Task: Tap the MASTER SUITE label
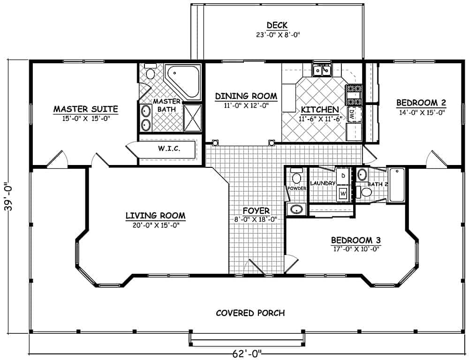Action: [85, 109]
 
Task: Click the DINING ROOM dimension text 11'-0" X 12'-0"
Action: [246, 106]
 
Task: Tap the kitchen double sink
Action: [323, 70]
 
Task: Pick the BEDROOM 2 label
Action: [421, 103]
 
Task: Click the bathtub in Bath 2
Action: [397, 185]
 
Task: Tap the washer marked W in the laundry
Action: [343, 193]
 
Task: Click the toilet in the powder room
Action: [296, 176]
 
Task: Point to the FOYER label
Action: [256, 210]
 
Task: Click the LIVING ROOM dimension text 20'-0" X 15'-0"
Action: [155, 225]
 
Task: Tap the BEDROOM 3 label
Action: [355, 240]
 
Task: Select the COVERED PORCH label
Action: [250, 313]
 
